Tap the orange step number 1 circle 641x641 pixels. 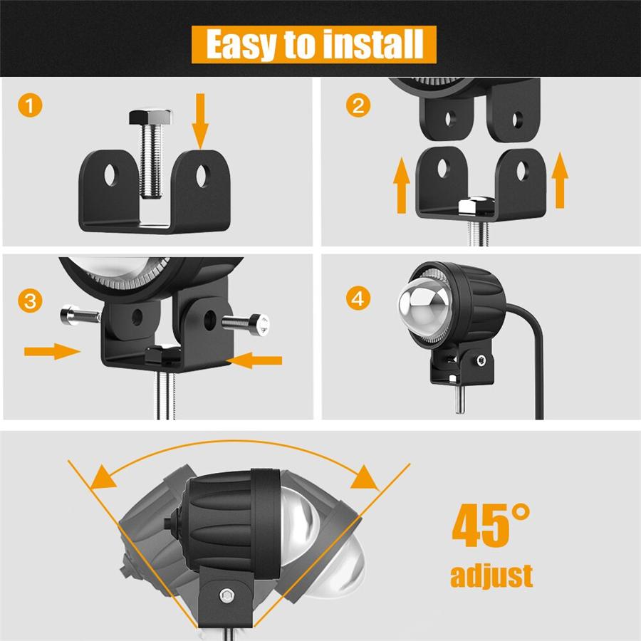click(x=30, y=107)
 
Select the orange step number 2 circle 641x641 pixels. click(x=358, y=107)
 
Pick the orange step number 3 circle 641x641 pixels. click(x=30, y=300)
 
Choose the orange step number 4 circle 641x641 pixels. click(x=358, y=299)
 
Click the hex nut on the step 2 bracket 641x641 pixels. click(x=471, y=207)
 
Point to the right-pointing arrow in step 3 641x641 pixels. click(x=50, y=350)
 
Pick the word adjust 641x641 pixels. click(x=491, y=575)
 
